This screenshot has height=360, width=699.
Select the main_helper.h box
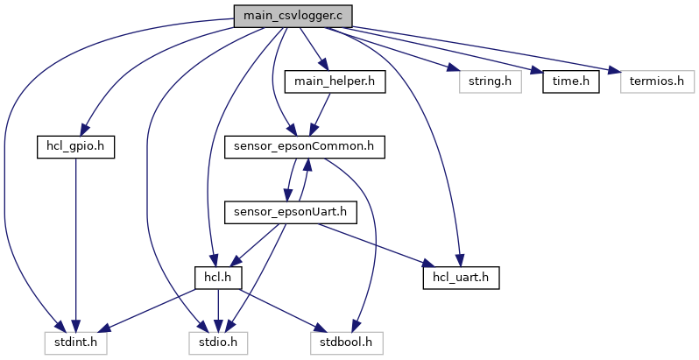tap(329, 81)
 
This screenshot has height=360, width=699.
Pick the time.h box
tap(570, 81)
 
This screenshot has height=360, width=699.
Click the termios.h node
tap(657, 81)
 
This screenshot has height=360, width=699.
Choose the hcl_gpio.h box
tap(76, 146)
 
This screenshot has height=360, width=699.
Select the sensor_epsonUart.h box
tap(290, 211)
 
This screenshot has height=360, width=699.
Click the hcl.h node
tap(217, 277)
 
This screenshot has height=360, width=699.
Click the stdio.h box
tap(218, 342)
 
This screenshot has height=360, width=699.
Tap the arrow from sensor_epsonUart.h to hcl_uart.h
tap(377, 244)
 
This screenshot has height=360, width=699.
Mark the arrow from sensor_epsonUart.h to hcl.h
tap(254, 244)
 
